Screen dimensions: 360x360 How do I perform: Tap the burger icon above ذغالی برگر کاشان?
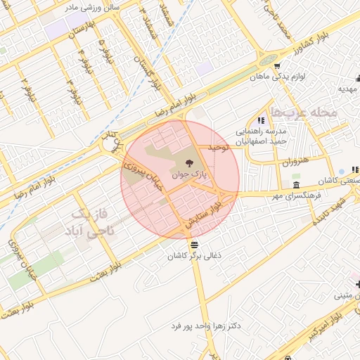click(x=185, y=245)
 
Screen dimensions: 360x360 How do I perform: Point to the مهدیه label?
click(x=349, y=89)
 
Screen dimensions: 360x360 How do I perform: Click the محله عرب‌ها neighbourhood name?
click(x=304, y=112)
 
